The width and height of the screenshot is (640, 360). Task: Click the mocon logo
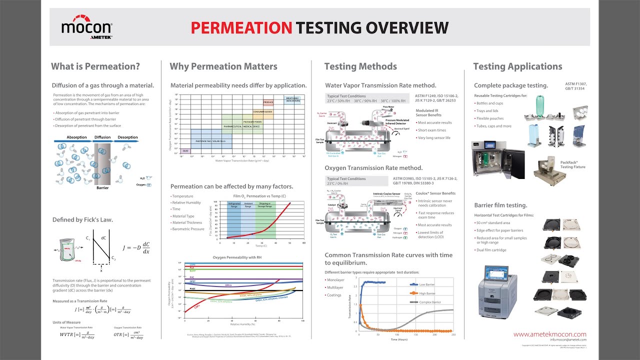(x=86, y=29)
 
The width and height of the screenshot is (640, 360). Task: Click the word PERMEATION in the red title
(x=241, y=27)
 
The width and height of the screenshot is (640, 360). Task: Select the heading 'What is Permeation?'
(x=95, y=66)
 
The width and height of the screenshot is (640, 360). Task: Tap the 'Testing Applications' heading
(x=517, y=66)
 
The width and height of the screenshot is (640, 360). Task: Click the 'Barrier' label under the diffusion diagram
(x=102, y=188)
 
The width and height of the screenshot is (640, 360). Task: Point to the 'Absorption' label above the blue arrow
(x=76, y=137)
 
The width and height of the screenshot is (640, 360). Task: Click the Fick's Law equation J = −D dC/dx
(x=132, y=248)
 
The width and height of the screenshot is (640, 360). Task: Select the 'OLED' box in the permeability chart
(x=185, y=150)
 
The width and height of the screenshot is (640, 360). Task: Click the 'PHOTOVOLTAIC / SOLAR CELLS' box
(x=210, y=141)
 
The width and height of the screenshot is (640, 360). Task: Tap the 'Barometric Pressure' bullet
(x=187, y=229)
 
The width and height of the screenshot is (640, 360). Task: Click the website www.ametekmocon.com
(x=549, y=334)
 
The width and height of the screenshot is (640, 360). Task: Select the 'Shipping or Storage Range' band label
(x=265, y=205)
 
